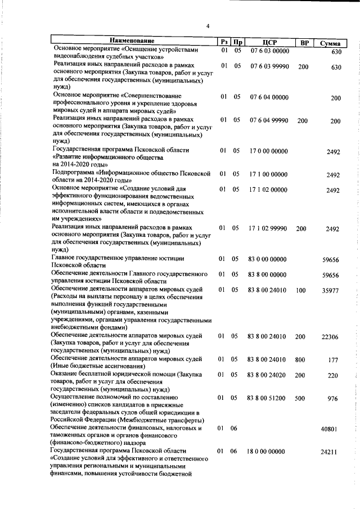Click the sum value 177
point(333,360)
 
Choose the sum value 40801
point(330,429)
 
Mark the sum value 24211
point(330,452)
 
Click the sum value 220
point(333,375)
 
